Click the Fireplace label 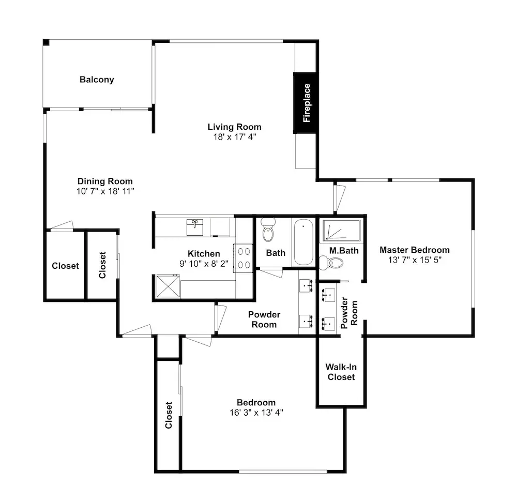pos(307,103)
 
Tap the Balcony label pos(97,80)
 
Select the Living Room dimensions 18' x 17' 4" pos(234,137)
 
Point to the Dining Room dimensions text pos(105,191)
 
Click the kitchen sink pos(195,227)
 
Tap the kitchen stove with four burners pos(244,258)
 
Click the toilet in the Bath pos(268,230)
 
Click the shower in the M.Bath pos(341,230)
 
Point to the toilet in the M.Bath pos(331,263)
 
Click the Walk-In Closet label pos(341,372)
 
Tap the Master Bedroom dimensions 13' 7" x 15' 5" pos(415,260)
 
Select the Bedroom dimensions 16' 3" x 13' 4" pos(256,413)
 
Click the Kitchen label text pos(204,253)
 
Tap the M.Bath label pos(344,251)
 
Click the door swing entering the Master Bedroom pos(339,199)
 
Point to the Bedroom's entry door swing pos(198,340)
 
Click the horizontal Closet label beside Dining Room pos(65,266)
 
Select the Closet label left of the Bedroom pos(169,415)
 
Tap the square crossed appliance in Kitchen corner pos(168,286)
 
